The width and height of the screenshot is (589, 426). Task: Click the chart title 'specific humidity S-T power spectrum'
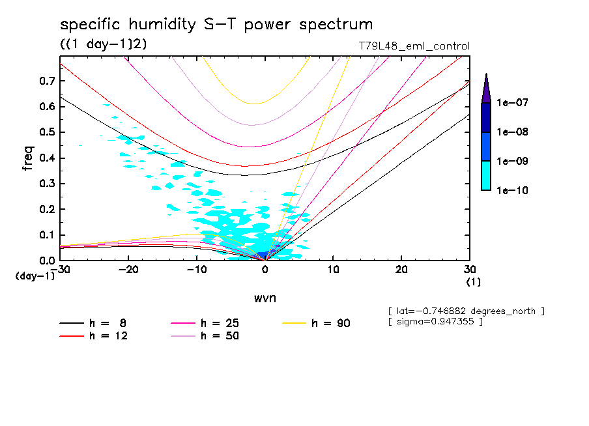point(216,25)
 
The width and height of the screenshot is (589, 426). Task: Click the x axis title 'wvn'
point(264,298)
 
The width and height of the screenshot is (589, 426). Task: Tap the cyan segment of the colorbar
point(486,175)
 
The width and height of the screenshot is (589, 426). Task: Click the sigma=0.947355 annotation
point(435,322)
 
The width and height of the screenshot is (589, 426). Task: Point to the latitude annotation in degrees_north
point(466,311)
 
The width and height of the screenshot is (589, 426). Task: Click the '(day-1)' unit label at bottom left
point(35,276)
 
